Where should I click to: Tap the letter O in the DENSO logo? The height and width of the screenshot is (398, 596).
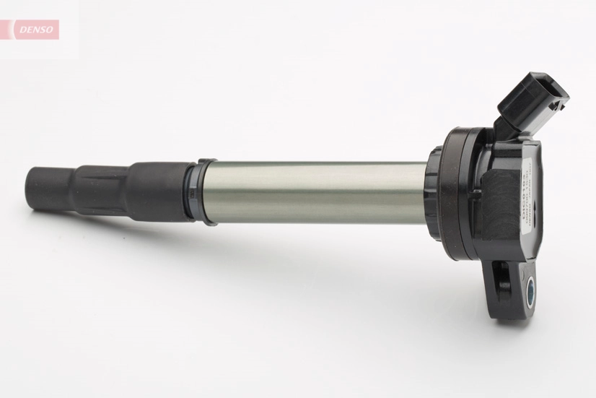tap(51, 30)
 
